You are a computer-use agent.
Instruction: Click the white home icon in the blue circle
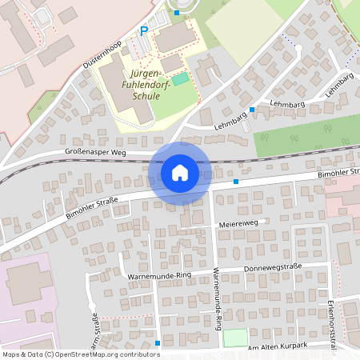tap(179, 172)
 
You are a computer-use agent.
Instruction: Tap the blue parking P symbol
tap(144, 31)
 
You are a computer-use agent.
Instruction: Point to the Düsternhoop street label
tap(102, 53)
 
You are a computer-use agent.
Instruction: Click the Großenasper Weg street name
tap(97, 150)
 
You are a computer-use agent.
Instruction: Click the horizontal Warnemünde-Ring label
tap(159, 276)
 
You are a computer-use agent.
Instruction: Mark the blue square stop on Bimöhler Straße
tap(236, 182)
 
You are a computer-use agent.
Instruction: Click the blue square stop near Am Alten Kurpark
tap(158, 343)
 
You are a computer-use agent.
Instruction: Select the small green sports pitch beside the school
tap(182, 78)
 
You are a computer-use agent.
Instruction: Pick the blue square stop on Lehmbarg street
tap(252, 109)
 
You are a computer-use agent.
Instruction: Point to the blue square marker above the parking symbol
tap(177, 13)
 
